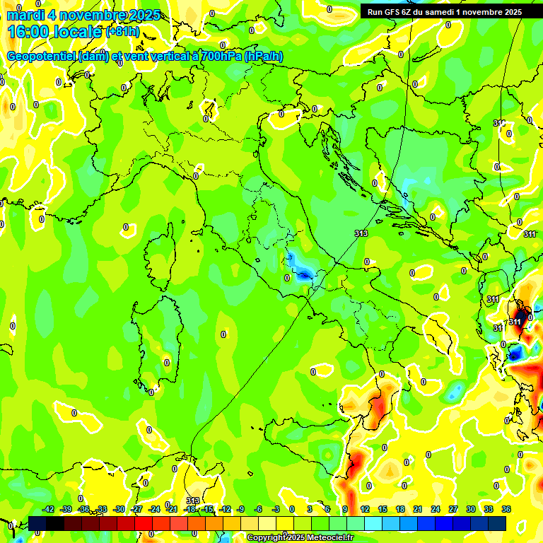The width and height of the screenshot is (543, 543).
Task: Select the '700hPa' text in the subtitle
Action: click(218, 57)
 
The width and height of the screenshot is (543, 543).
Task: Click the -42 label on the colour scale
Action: click(48, 509)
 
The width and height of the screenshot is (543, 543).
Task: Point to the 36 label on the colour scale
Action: click(506, 509)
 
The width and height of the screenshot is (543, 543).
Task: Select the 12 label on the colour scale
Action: click(365, 509)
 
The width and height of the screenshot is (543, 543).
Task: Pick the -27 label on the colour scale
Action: click(136, 509)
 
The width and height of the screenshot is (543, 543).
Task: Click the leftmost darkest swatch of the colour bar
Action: click(37, 523)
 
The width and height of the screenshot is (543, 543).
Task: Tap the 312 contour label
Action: click(499, 123)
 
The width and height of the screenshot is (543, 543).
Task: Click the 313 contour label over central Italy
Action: click(361, 233)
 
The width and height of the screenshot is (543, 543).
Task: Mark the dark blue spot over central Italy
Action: click(305, 274)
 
